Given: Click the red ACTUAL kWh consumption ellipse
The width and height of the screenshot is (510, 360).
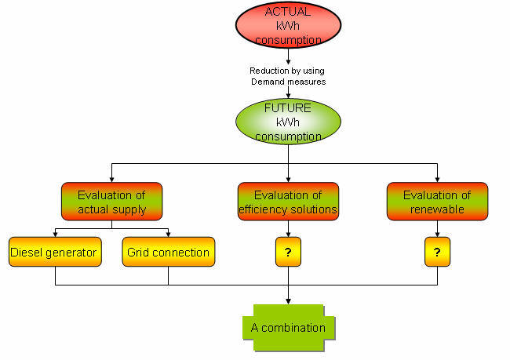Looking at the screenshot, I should [x=290, y=25].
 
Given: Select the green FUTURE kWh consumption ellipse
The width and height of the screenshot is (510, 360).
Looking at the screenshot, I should [x=290, y=121].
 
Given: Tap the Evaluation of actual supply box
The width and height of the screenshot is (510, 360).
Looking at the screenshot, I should [x=111, y=202].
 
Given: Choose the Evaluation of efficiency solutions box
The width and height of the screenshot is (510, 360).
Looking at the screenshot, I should [x=289, y=202].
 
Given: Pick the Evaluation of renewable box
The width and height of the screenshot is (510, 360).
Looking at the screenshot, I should [x=437, y=202].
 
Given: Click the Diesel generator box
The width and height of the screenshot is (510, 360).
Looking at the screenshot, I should [x=56, y=253].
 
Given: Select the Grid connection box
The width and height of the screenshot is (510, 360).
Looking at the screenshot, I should [x=169, y=253].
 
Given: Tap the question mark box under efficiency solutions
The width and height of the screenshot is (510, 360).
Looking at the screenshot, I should [x=289, y=253].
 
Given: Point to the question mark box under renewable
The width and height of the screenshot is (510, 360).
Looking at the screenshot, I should [x=437, y=253].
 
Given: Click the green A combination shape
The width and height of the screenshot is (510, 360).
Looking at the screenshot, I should [x=288, y=326].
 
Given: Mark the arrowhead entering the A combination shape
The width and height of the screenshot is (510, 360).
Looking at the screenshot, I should [x=289, y=301].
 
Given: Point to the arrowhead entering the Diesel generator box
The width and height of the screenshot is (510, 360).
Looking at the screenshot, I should [x=56, y=234].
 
